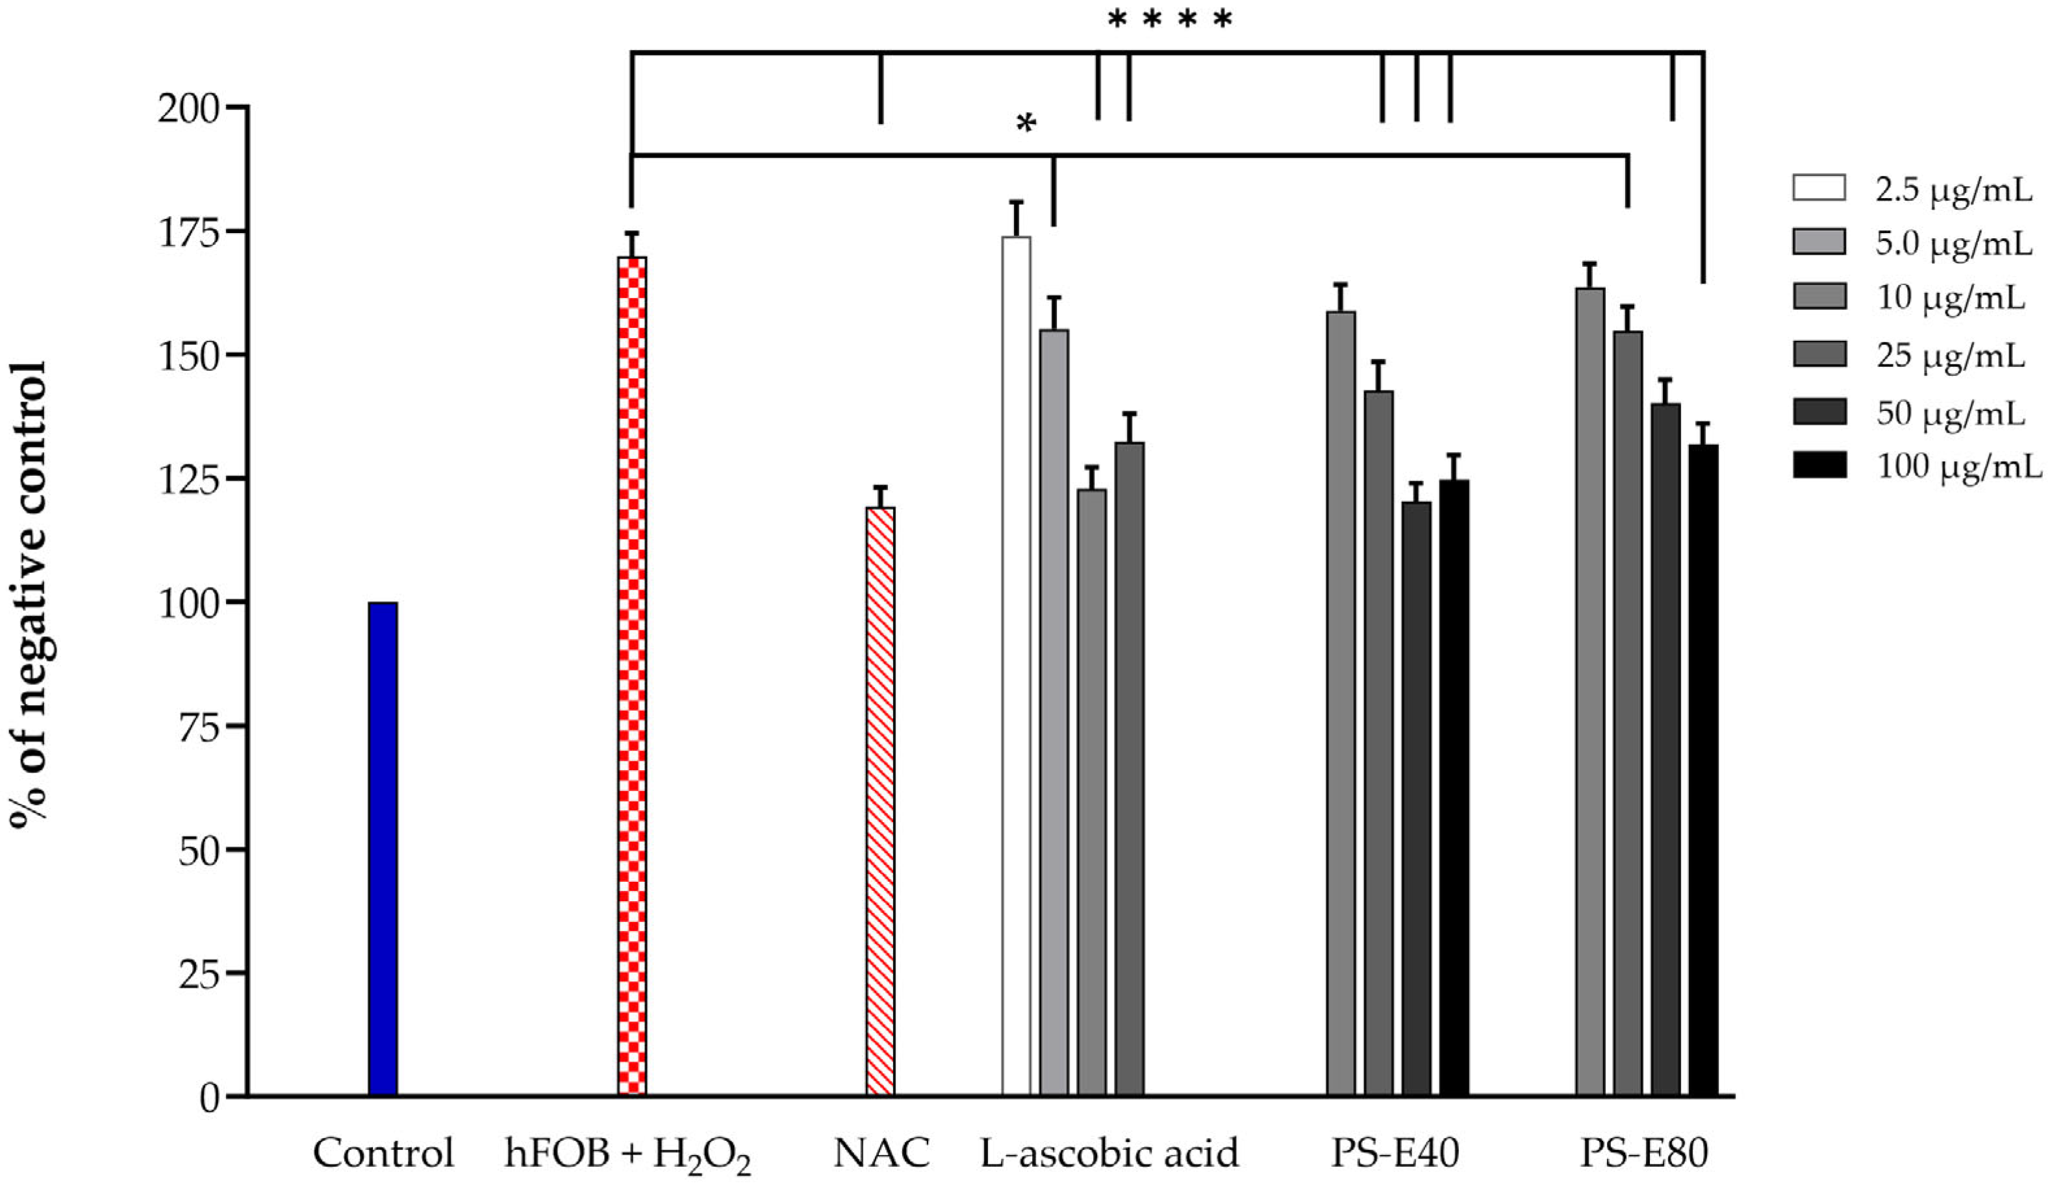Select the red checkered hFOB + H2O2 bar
pos(632,675)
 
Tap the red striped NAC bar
pos(880,801)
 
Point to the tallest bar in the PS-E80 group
pos(1590,692)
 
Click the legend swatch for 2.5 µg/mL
pos(1819,188)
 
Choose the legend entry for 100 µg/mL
pos(1957,466)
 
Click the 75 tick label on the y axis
pos(199,727)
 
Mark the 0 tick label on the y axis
pos(210,1098)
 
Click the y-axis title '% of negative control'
pos(29,593)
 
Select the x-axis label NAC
pos(881,1153)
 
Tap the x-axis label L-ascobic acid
pos(1109,1153)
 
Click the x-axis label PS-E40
pos(1395,1153)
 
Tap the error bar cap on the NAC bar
pos(880,487)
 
